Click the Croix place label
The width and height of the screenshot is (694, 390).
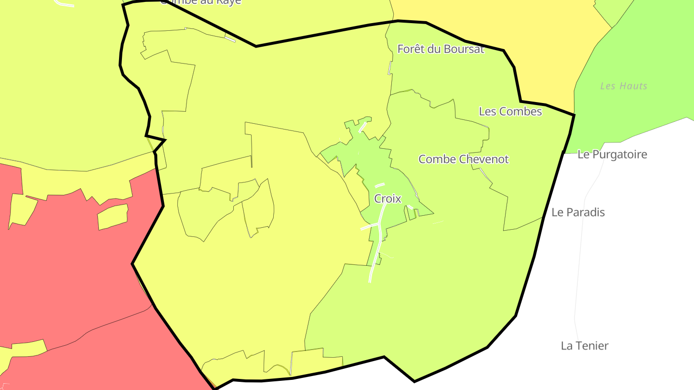click(387, 198)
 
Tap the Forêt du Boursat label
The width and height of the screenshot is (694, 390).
click(440, 49)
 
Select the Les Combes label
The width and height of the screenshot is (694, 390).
click(510, 111)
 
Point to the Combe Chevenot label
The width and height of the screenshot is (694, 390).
click(464, 159)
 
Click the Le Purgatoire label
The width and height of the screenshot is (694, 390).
click(612, 155)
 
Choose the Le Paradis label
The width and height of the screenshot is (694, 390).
click(578, 212)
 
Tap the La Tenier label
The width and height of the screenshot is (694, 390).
click(585, 346)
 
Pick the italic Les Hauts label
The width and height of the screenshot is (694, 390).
click(624, 86)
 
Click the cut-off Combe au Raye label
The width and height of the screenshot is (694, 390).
click(200, 2)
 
